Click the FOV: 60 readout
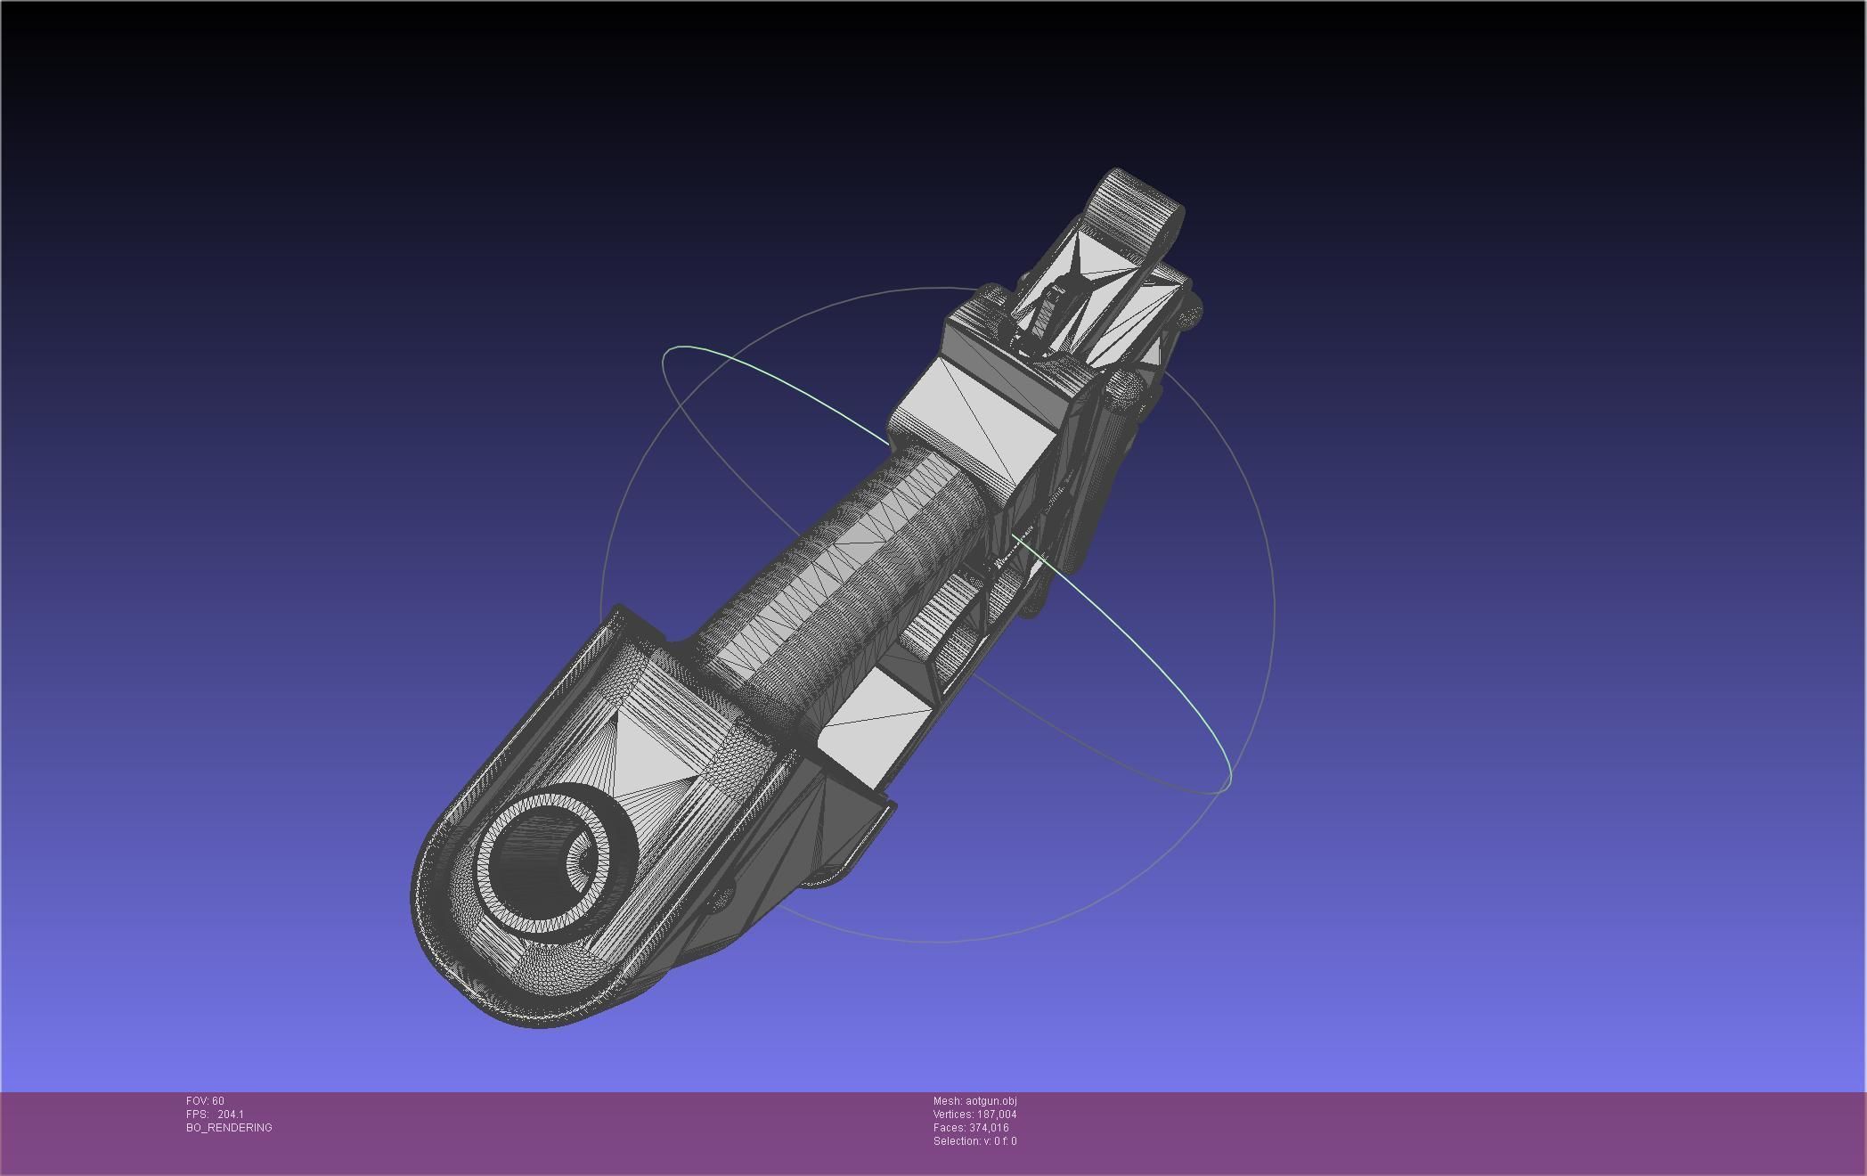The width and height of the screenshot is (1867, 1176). [205, 1101]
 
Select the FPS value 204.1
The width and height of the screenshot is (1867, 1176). [230, 1115]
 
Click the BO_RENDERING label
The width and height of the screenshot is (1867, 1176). [229, 1128]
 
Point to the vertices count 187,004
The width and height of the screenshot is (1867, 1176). [996, 1115]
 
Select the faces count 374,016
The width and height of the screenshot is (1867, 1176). [989, 1128]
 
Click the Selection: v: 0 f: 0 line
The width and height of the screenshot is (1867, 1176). [974, 1141]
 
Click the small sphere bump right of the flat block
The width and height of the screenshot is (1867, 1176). [1126, 387]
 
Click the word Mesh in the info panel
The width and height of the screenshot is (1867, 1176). [947, 1101]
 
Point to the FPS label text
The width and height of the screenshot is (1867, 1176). [196, 1115]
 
